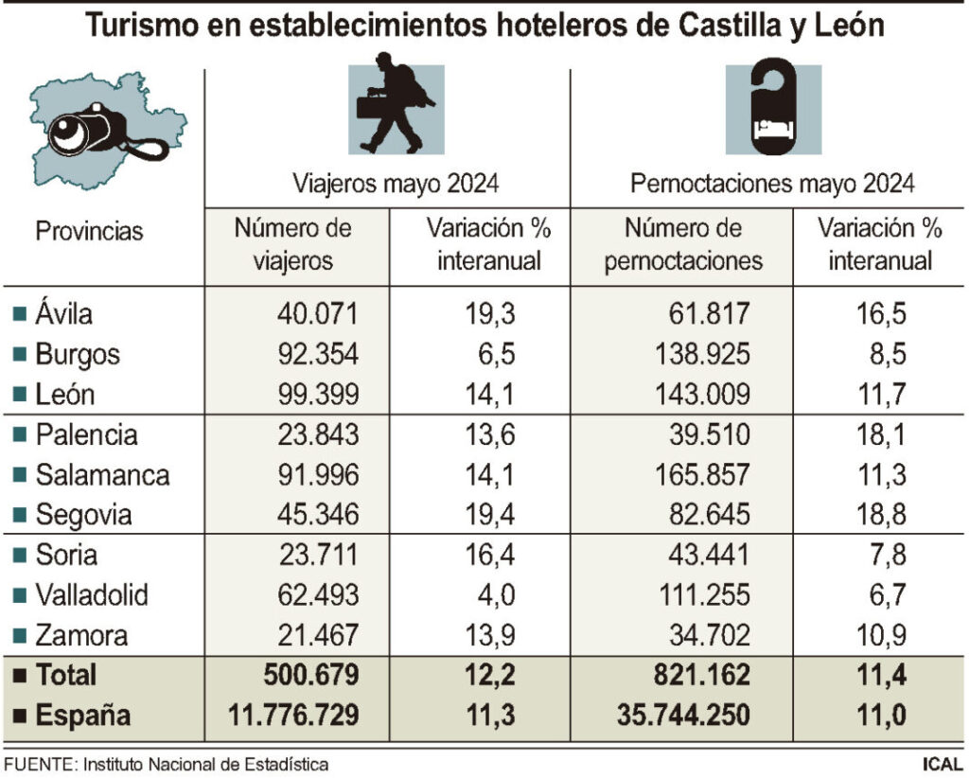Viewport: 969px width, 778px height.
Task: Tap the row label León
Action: [x=65, y=396]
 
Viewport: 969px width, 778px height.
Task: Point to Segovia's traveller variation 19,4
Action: [x=488, y=516]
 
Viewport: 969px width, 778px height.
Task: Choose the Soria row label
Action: [x=66, y=556]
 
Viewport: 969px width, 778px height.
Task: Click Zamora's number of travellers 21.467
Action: [x=318, y=635]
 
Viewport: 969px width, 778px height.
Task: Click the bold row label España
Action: [x=83, y=716]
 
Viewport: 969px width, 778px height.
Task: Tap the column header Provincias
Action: [x=90, y=232]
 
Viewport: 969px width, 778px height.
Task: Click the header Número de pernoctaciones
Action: [x=684, y=244]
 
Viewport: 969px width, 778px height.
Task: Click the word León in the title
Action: [x=845, y=26]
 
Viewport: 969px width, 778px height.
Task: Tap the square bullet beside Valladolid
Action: [x=19, y=595]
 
